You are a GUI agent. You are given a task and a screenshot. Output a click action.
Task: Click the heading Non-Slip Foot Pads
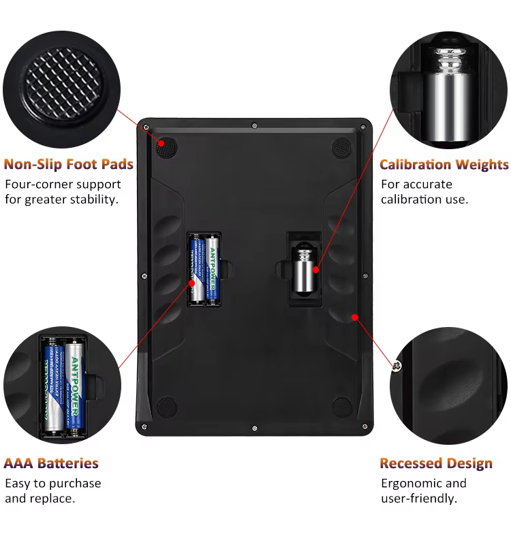[69, 164]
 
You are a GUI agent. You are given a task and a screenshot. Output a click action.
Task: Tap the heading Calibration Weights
[444, 164]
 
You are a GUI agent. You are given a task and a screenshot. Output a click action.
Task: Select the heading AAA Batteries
[51, 463]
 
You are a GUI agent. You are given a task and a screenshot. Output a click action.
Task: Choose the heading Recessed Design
[436, 463]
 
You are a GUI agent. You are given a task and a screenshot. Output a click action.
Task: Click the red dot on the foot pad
[161, 143]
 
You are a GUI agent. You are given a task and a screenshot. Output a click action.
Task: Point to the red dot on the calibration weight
[315, 269]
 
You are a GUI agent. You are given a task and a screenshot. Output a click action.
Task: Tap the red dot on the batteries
[191, 283]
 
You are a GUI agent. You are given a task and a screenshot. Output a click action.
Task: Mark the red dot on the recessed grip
[354, 317]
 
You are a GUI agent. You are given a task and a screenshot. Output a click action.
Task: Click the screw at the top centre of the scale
[254, 125]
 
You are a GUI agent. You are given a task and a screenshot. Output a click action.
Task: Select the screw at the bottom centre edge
[254, 429]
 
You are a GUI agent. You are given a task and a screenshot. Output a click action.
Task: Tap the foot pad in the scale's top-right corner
[342, 147]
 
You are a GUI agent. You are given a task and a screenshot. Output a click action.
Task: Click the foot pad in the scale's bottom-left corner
[167, 407]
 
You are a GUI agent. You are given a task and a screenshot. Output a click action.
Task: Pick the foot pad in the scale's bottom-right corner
[342, 407]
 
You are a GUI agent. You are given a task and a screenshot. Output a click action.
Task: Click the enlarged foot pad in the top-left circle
[62, 87]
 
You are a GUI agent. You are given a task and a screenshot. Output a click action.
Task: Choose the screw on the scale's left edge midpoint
[144, 276]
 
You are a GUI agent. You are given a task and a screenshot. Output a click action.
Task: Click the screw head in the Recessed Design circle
[397, 366]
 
